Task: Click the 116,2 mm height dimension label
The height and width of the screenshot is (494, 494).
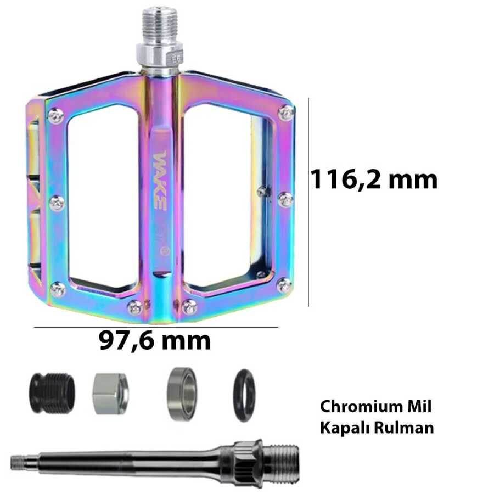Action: (374, 179)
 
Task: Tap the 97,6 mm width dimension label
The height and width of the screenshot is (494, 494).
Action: (155, 341)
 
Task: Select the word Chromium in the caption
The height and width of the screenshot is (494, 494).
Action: (359, 406)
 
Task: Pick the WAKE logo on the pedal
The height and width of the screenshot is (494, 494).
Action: (160, 181)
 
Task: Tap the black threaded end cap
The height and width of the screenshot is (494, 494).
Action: (53, 393)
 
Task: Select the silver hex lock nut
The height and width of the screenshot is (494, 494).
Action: (110, 393)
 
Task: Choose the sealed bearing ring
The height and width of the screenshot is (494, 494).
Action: (182, 394)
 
